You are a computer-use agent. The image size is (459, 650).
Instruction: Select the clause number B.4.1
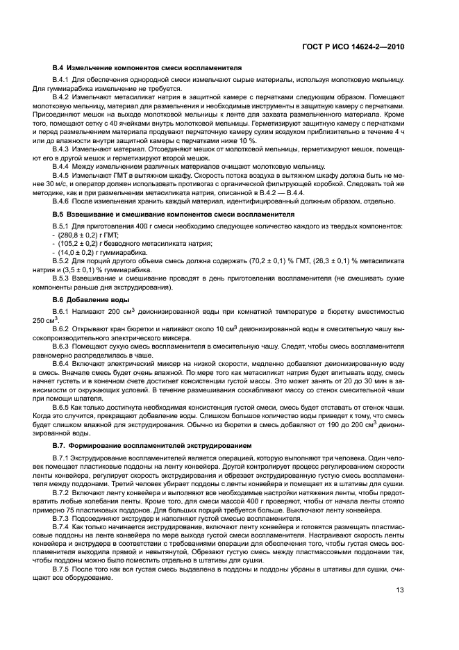(63, 82)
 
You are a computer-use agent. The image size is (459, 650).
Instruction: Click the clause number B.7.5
(63, 568)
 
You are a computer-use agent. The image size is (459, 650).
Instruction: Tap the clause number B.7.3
(63, 519)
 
